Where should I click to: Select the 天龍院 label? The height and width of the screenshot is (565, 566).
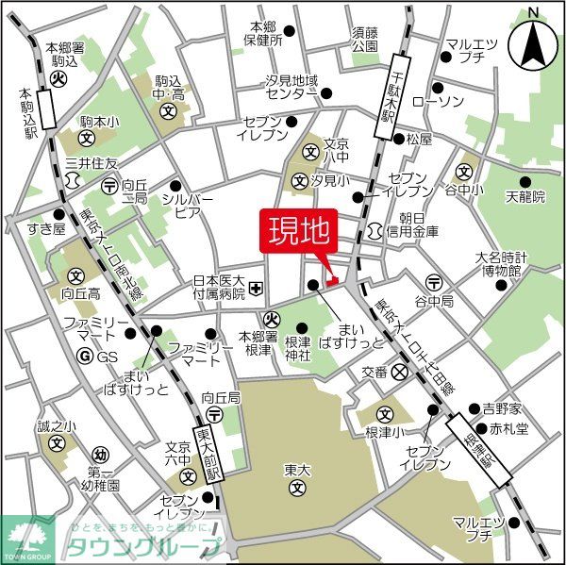(525, 197)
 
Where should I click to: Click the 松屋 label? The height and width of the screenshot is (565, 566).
(419, 140)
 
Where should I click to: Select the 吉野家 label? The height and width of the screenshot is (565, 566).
(501, 409)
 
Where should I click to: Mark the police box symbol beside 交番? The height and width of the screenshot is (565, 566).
(401, 373)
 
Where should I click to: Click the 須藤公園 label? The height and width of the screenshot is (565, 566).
(364, 38)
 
